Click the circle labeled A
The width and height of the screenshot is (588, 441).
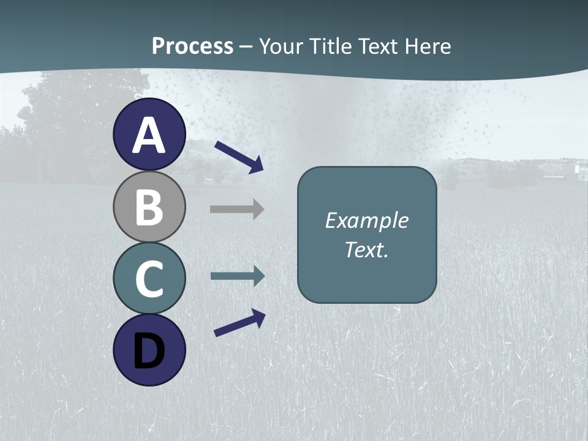pos(149,135)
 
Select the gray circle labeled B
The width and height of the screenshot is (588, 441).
pos(149,207)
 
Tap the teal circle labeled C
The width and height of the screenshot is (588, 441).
pos(149,279)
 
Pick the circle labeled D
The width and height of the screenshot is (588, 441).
pos(149,350)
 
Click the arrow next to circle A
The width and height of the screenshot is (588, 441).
pos(239,157)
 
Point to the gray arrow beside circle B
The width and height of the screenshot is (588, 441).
pos(237,209)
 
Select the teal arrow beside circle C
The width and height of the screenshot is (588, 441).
pos(238,276)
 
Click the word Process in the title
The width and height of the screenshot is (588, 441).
pos(192,46)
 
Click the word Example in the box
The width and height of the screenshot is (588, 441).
pos(366,221)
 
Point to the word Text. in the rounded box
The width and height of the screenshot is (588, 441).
pos(366,249)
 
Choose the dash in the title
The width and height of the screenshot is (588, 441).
pos(246,47)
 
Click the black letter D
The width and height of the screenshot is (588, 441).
pos(149,351)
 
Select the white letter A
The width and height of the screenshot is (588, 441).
pos(149,135)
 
